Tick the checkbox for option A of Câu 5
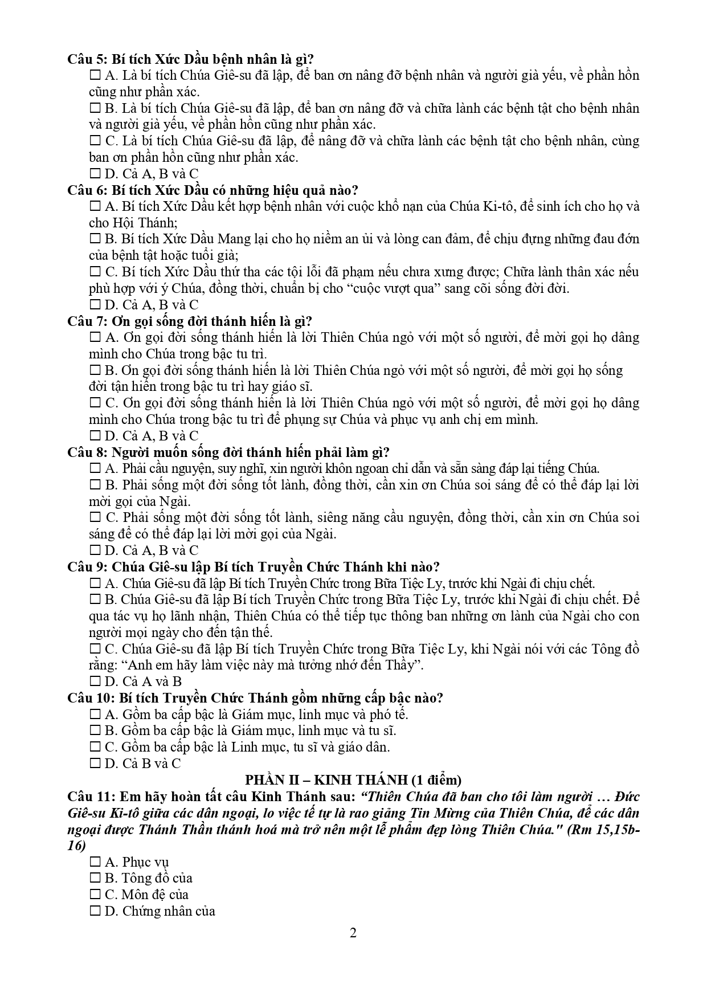(95, 76)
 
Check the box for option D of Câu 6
(95, 305)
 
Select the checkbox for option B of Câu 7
(95, 370)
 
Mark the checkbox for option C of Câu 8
(95, 518)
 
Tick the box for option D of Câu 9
(95, 681)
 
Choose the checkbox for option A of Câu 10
(95, 715)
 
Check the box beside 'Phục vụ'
(95, 862)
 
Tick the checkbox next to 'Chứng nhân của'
(95, 911)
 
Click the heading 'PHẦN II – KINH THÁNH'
(322, 780)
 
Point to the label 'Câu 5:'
(87, 59)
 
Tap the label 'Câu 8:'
(87, 452)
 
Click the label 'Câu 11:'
(90, 796)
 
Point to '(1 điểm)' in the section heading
(436, 780)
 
